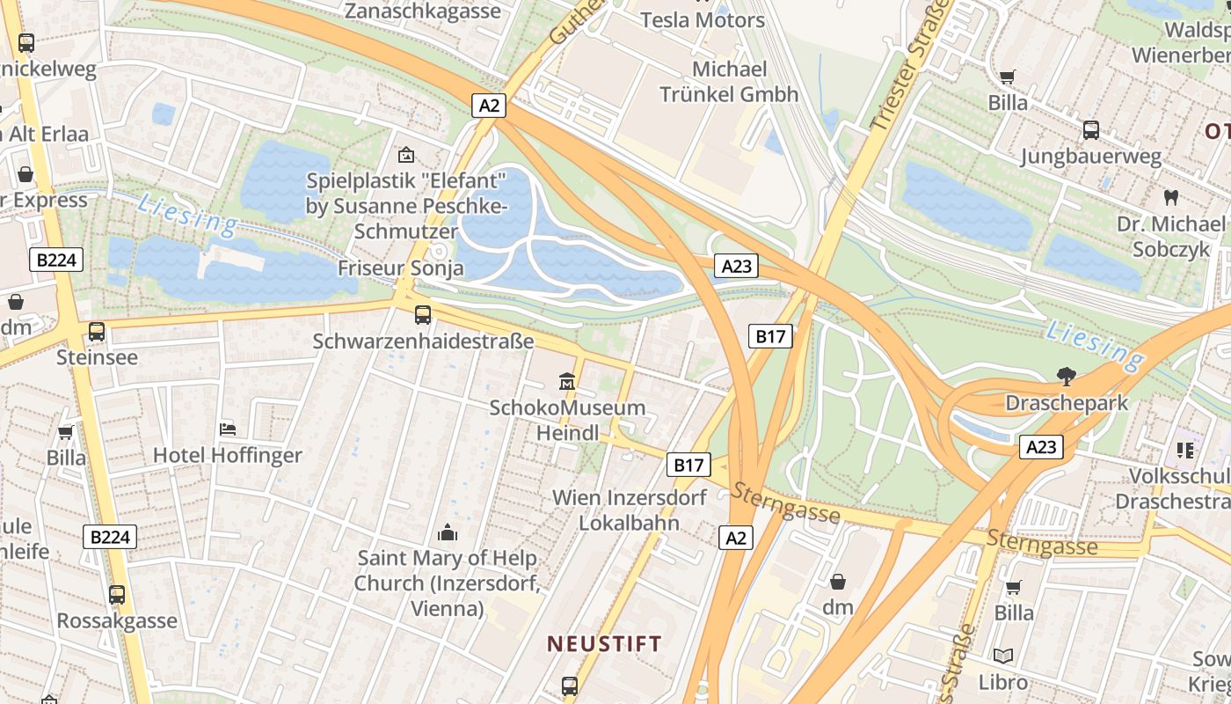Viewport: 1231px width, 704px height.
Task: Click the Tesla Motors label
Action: [702, 19]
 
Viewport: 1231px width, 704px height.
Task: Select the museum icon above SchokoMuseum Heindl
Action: [567, 382]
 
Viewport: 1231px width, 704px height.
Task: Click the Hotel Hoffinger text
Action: [227, 455]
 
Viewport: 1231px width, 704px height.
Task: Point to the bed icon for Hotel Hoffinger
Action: [228, 429]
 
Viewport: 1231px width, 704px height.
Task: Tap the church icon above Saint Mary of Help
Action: [448, 532]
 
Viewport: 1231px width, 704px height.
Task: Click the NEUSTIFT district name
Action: [604, 643]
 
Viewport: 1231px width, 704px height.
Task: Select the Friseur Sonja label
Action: [401, 268]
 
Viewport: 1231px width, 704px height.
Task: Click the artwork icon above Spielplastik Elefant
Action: [405, 155]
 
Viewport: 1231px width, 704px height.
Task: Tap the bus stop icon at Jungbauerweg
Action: [1091, 130]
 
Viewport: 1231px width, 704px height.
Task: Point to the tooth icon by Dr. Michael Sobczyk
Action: [1170, 197]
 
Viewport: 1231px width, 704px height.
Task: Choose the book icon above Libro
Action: [1003, 656]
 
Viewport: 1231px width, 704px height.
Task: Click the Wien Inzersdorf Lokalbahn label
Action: [629, 510]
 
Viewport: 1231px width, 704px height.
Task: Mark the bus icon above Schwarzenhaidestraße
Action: [423, 314]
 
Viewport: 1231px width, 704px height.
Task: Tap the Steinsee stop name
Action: [97, 357]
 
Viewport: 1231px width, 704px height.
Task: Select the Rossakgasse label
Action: [117, 620]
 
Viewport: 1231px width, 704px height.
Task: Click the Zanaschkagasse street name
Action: [422, 11]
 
